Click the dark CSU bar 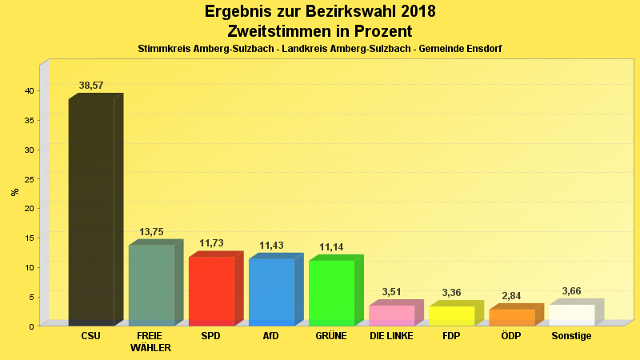tap(91, 212)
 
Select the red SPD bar tap(211, 291)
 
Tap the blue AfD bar tap(271, 292)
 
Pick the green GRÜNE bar tap(331, 293)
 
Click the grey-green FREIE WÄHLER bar tap(151, 285)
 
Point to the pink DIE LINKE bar tap(391, 315)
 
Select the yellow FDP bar tap(451, 316)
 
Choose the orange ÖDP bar tap(511, 318)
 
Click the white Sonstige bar tap(571, 315)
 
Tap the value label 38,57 tap(91, 86)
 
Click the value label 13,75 tap(151, 232)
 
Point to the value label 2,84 tap(511, 296)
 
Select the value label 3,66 tap(571, 291)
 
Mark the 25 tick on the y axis tap(28, 179)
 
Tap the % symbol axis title tap(14, 192)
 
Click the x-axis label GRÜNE tap(331, 336)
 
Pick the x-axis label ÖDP tap(511, 336)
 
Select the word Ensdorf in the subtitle tap(482, 49)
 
